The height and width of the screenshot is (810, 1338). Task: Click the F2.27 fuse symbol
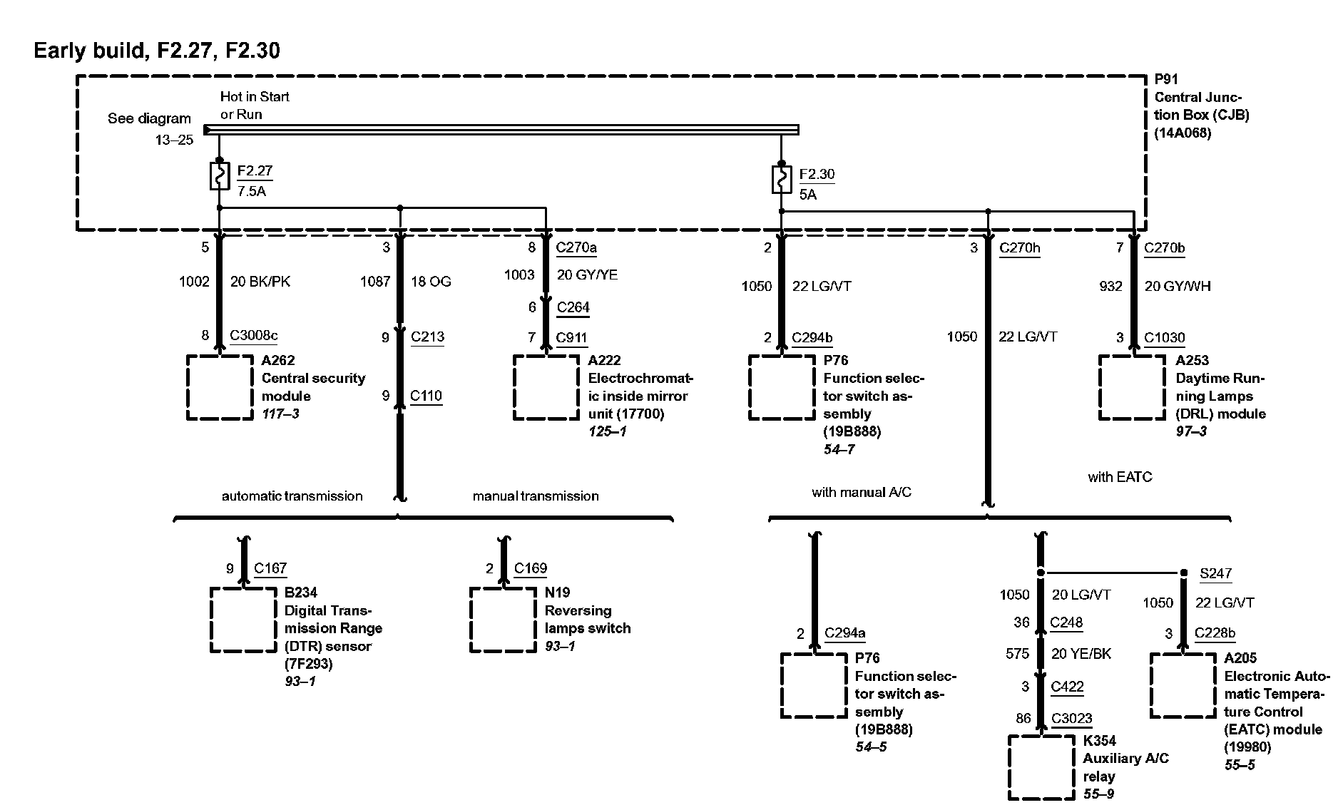point(220,176)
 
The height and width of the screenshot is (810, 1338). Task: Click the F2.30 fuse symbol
point(782,180)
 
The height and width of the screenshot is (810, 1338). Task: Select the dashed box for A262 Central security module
point(220,387)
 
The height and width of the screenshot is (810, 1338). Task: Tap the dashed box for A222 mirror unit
point(546,387)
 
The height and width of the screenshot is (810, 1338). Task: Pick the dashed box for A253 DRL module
point(1132,387)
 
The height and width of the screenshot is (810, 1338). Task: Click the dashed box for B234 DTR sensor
point(244,620)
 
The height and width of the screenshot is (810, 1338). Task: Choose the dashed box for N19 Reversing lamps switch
point(504,620)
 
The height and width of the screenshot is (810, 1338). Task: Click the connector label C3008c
point(254,336)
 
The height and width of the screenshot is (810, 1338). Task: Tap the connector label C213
point(427,337)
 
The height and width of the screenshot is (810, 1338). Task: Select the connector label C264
point(573,307)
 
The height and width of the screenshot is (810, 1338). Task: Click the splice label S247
point(1215,573)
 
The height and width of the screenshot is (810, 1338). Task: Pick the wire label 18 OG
point(431,282)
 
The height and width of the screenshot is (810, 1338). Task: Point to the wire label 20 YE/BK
point(1081,654)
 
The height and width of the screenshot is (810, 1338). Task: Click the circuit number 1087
point(375,282)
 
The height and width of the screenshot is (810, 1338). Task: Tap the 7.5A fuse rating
point(252,191)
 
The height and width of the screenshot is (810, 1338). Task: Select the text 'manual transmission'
point(536,496)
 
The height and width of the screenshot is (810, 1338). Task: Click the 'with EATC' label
point(1120,477)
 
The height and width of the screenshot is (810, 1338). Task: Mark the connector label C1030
point(1164,337)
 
